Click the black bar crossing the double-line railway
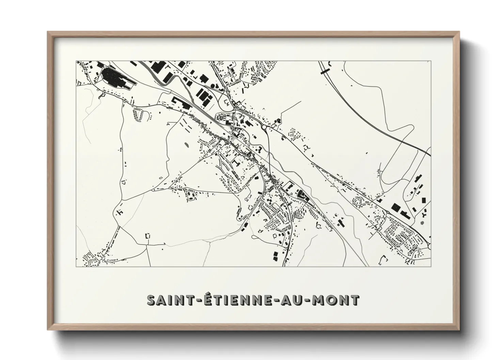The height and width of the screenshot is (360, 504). pyautogui.click(x=324, y=70)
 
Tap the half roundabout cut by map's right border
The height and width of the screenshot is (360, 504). pyautogui.click(x=429, y=245)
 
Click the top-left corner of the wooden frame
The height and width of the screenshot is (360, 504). pyautogui.click(x=48, y=32)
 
